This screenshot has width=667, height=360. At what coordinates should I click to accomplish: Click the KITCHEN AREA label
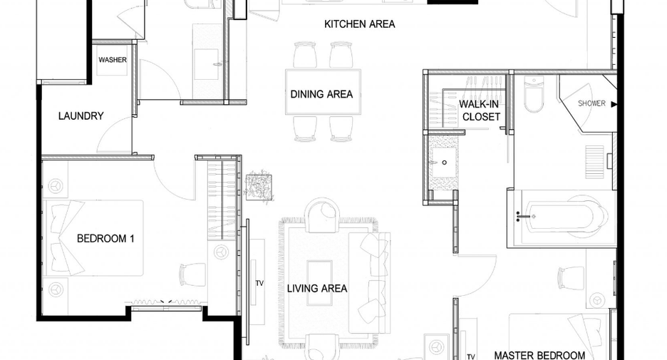coord(359,24)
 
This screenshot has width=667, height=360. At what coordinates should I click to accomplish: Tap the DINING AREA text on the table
coord(321,94)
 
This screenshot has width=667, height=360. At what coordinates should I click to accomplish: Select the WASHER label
coord(113,60)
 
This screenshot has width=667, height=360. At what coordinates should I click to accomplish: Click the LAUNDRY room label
coord(81,115)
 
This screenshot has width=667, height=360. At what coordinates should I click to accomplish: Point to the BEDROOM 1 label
coord(105,239)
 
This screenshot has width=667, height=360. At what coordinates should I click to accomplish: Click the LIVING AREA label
coord(317,289)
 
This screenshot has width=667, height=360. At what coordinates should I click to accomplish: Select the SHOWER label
coord(591,103)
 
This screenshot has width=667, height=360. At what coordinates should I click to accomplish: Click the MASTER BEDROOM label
coord(539,355)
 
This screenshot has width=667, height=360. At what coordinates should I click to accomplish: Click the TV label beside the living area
coord(259,283)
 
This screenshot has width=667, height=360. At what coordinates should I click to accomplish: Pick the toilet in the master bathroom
coord(534,94)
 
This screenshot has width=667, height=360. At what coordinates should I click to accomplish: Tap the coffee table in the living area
coord(319,282)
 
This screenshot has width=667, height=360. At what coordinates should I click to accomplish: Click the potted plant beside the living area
coord(259,186)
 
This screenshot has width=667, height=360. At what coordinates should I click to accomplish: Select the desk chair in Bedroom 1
coord(192,275)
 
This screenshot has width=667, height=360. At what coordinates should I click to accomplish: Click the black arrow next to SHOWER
coord(614,104)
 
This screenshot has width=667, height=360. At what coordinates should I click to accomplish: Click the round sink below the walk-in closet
coord(445,163)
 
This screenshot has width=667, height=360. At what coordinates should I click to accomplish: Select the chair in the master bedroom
coord(571,277)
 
